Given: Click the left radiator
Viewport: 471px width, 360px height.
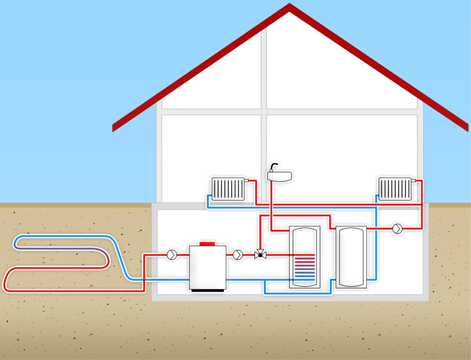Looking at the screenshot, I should pos(228,189).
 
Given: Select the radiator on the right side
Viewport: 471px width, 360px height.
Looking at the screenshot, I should pos(395,189).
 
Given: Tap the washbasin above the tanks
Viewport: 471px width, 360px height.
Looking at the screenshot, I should pos(279,175).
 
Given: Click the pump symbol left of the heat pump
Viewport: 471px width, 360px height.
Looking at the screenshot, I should pos(172,255).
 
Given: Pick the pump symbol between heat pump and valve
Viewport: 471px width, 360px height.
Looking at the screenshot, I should pos(237,255).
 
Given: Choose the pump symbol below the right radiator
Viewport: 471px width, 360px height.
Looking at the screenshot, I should pos(397,228).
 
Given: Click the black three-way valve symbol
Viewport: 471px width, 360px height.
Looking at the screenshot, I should pos(260,255).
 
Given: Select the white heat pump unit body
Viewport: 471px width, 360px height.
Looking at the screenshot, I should pos(207,267).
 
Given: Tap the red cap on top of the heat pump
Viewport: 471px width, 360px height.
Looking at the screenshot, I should pos(207,243).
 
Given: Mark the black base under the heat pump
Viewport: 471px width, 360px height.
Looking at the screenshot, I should pos(207,290).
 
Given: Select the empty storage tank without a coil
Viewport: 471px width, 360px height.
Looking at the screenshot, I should pos(351,257).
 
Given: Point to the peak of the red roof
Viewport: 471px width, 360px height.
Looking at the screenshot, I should pos(289,6).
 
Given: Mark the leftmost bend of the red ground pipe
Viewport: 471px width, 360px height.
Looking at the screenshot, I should pos(6,281).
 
